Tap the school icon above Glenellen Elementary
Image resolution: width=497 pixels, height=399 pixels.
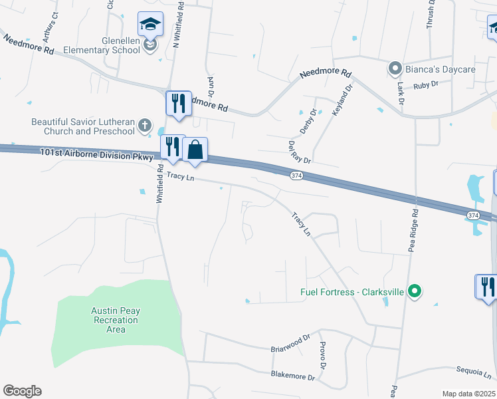[x=150, y=25]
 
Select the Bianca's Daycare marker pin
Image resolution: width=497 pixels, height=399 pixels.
[x=394, y=68]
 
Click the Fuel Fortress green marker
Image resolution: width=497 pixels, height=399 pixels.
[x=415, y=291]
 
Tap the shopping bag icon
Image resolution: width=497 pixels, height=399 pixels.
[x=195, y=150]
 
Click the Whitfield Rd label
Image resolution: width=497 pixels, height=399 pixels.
[x=159, y=184]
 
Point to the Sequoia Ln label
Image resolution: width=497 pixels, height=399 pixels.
[x=474, y=372]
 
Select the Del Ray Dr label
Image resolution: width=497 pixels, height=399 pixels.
[x=299, y=152]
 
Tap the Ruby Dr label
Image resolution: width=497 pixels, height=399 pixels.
[x=426, y=84]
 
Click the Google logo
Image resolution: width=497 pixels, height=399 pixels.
[x=22, y=391]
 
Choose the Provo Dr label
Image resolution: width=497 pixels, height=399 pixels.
[x=322, y=356]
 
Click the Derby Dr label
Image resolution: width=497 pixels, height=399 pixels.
[x=308, y=122]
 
